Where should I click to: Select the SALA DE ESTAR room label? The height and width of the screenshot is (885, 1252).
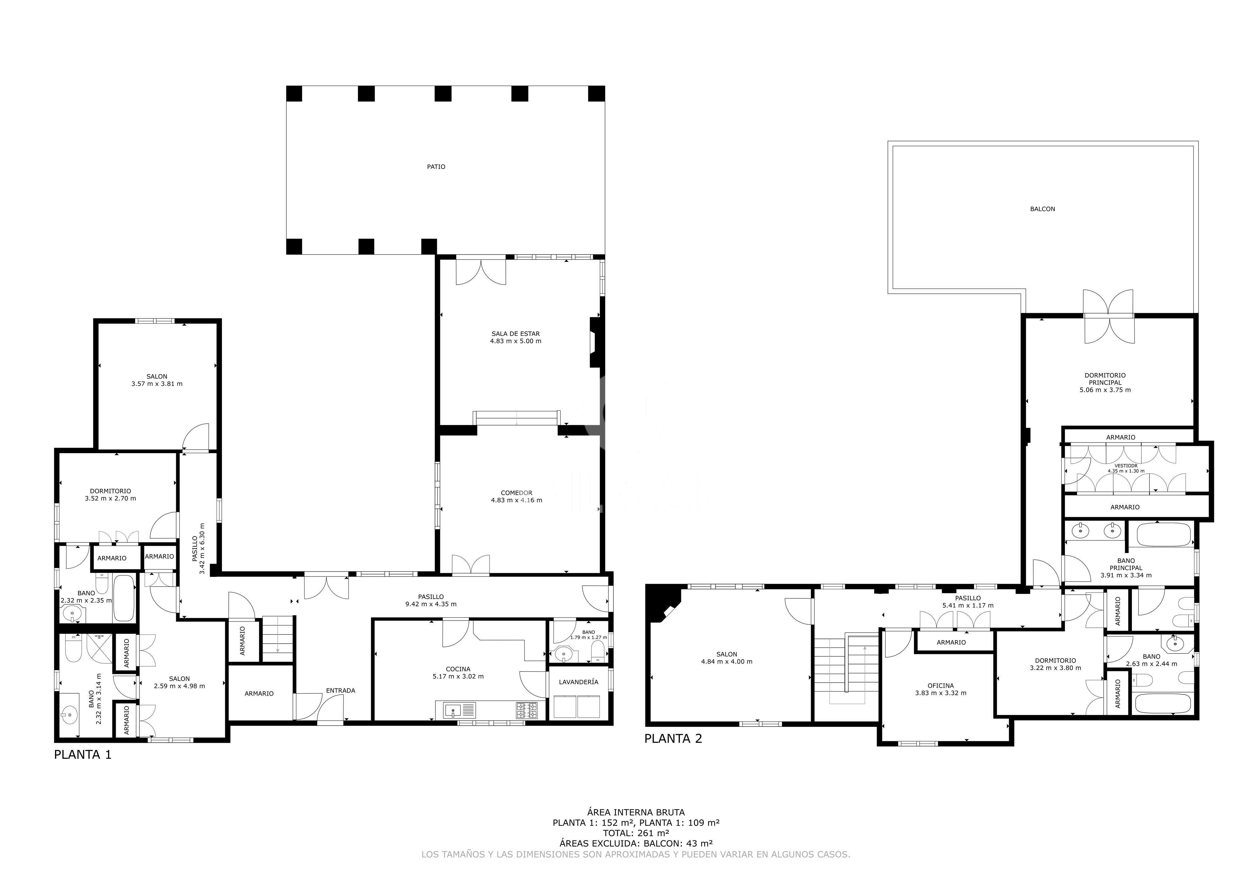pos(515,334)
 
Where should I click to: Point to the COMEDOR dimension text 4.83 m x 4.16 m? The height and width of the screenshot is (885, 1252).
pos(516,500)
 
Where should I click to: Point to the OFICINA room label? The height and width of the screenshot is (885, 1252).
pos(941,686)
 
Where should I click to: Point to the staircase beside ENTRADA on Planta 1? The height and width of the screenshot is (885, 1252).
pos(278,639)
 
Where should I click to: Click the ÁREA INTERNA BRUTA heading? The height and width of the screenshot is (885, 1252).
pos(636,812)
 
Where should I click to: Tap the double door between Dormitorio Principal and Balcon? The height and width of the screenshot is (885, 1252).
pos(1108,316)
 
